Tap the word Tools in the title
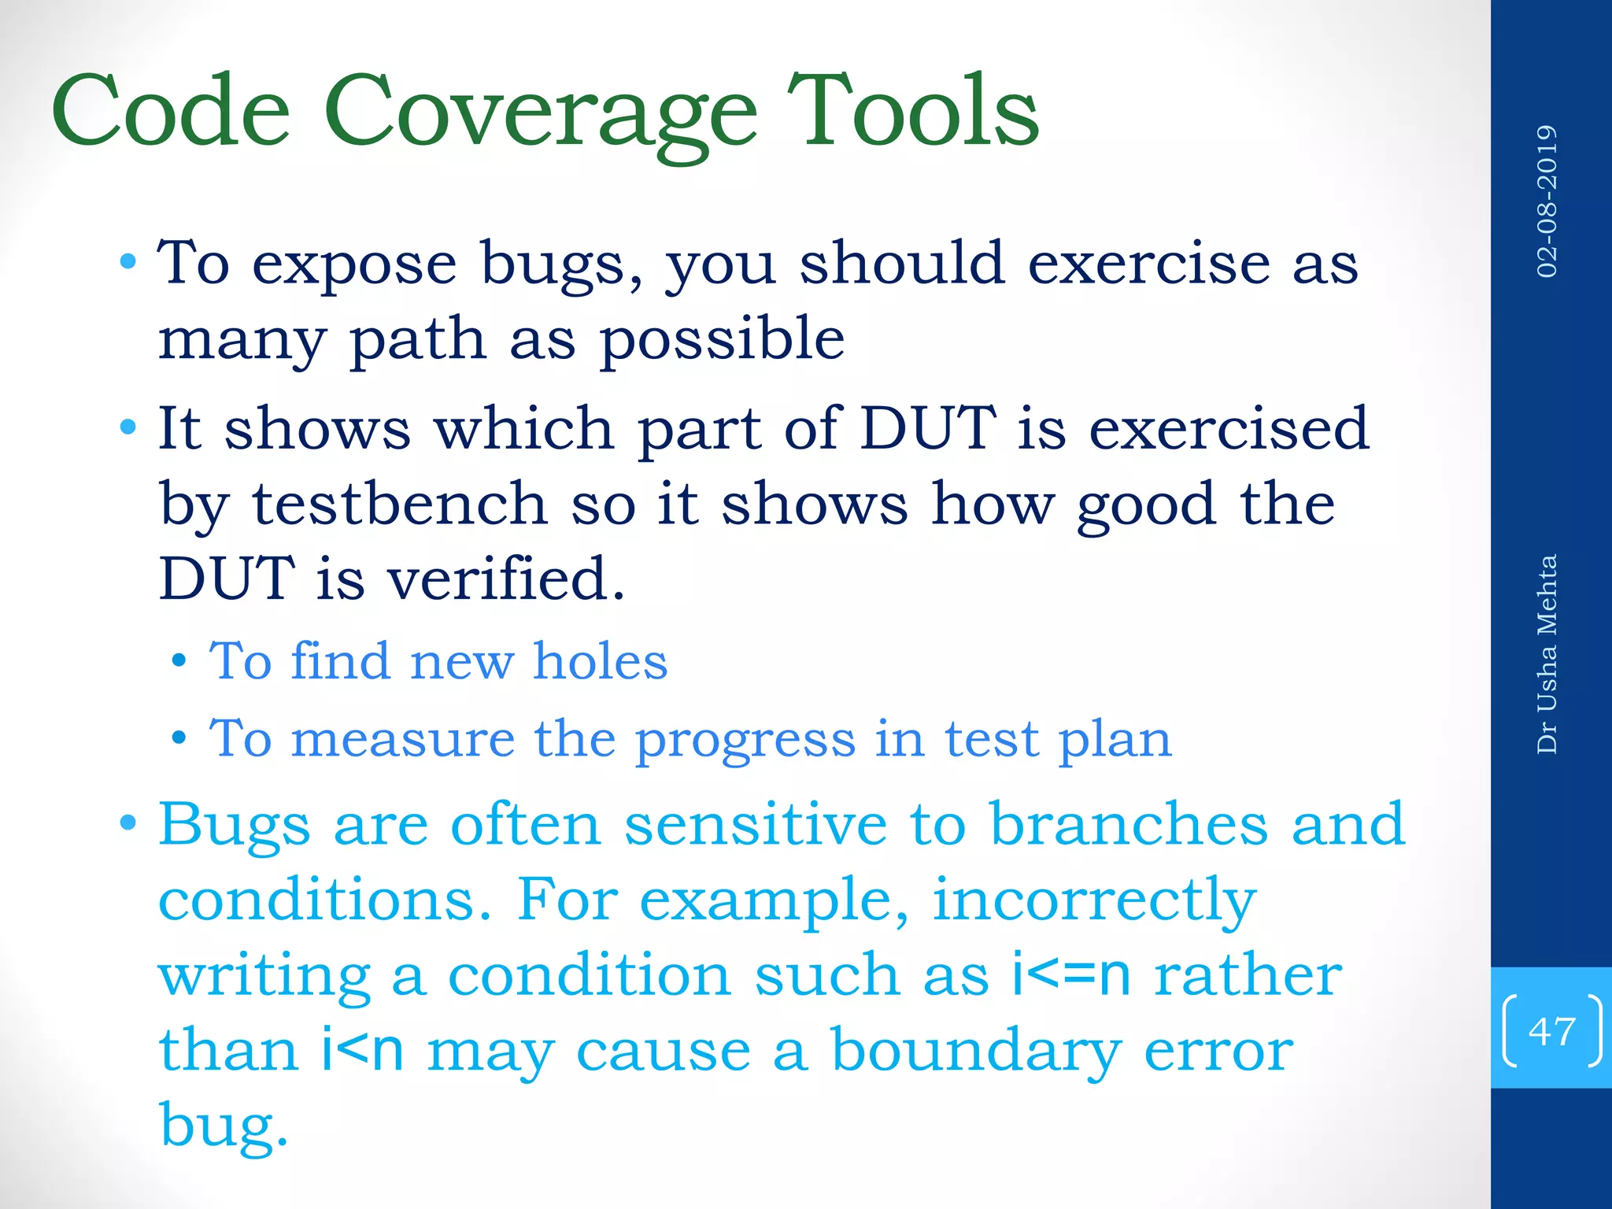912,110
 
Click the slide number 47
1551,1030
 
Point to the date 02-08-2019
1547,201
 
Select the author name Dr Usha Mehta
1547,654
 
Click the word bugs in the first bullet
561,265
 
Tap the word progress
745,741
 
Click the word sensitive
755,824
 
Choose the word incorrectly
1093,900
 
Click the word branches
1128,824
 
